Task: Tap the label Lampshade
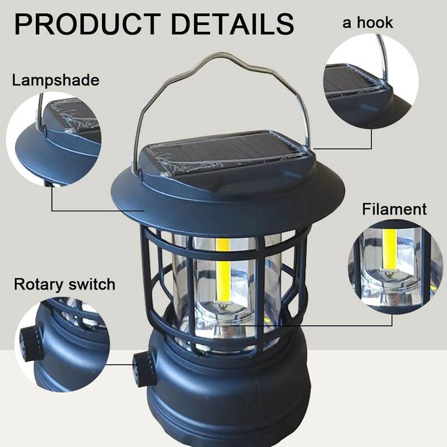tap(55, 80)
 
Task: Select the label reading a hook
tap(367, 22)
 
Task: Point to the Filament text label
tap(394, 210)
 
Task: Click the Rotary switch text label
tap(64, 284)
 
